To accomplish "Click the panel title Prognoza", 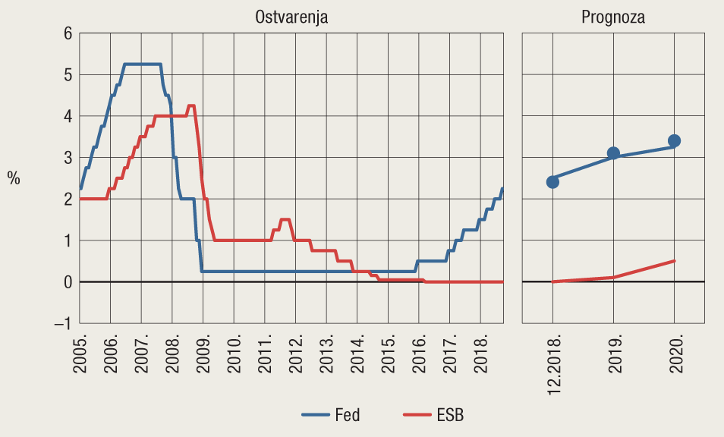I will [613, 17].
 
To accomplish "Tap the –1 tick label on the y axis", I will [64, 323].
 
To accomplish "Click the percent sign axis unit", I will [14, 178].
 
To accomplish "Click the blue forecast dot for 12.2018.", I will [552, 182].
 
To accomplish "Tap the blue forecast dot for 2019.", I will [613, 153].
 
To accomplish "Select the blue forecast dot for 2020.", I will [674, 141].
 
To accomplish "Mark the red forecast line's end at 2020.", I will [674, 261].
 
